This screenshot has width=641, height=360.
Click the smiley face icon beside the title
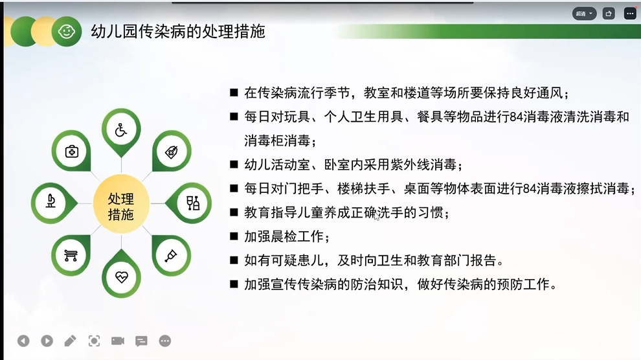tap(66, 32)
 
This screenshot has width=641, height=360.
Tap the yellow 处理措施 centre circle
tap(121, 204)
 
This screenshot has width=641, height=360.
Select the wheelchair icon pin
tap(121, 131)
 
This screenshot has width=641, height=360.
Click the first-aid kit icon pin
tap(71, 152)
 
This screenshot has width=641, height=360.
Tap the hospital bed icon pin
tap(71, 255)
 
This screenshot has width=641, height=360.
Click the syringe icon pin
tap(172, 255)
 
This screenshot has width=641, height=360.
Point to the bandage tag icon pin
tap(172, 152)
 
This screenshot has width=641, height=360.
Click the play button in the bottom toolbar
tap(47, 341)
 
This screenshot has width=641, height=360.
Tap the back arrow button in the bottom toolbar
tap(23, 341)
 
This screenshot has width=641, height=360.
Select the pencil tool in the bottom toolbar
tap(71, 341)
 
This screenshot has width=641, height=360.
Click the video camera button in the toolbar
tap(118, 341)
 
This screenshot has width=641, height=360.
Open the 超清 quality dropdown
tap(584, 14)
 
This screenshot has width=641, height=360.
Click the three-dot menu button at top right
tap(630, 14)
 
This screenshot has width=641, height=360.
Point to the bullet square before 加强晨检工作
tap(234, 236)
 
